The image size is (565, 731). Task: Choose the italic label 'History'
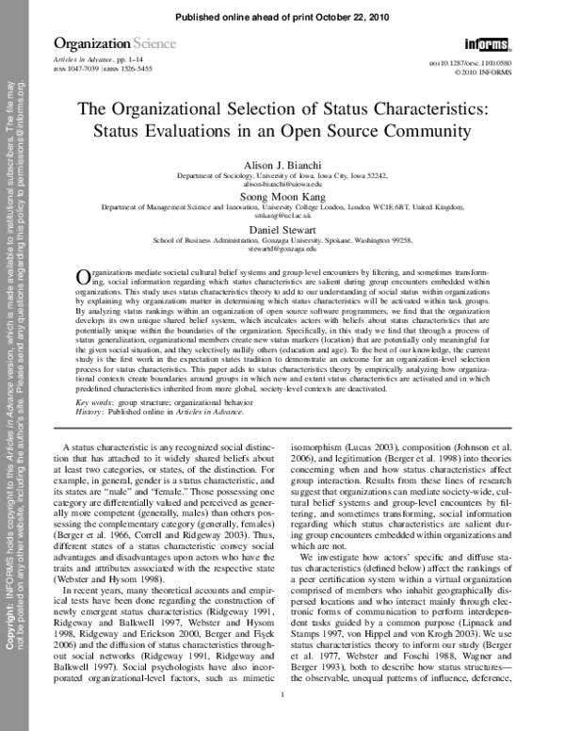(90, 412)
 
